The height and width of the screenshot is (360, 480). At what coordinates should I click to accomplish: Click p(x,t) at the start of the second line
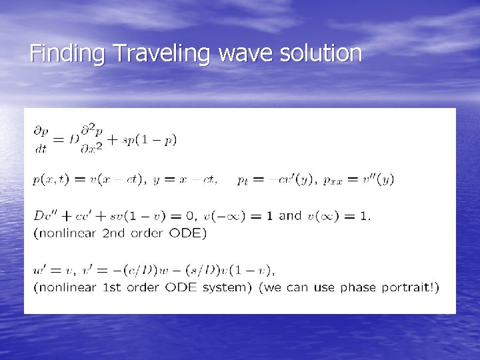(x=49, y=180)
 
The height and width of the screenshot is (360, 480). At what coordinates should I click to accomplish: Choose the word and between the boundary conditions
(x=290, y=215)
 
